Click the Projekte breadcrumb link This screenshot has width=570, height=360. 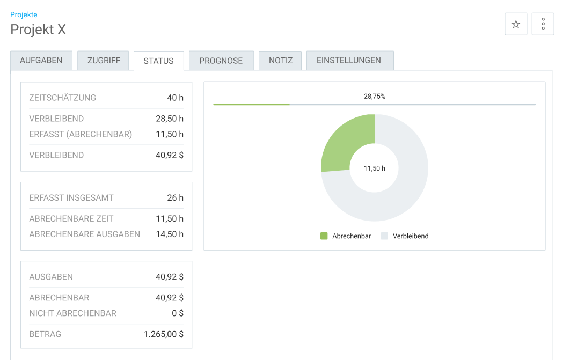tap(24, 14)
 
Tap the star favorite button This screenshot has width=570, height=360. tap(516, 24)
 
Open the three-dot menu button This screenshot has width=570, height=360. tap(543, 24)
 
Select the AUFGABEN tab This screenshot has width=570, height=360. tap(41, 60)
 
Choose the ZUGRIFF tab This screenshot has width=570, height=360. tap(104, 60)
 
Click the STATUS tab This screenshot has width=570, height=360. tap(158, 61)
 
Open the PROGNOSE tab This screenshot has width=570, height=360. tap(221, 60)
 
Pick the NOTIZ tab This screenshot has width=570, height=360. tap(281, 60)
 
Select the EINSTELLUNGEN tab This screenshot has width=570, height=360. tap(349, 60)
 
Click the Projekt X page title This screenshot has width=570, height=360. tap(38, 30)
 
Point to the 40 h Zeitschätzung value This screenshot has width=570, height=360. tap(175, 98)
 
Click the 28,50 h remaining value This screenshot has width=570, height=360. tap(170, 119)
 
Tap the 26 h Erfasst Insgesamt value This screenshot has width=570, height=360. tap(175, 197)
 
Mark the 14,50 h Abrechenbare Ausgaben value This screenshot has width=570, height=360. tap(170, 234)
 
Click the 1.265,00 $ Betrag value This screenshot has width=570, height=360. tap(164, 334)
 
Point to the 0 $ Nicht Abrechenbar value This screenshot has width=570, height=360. tap(178, 313)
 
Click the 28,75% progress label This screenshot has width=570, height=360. tap(375, 96)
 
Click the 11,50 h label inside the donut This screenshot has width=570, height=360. tap(375, 168)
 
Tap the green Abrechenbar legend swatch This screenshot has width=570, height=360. tap(324, 236)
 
